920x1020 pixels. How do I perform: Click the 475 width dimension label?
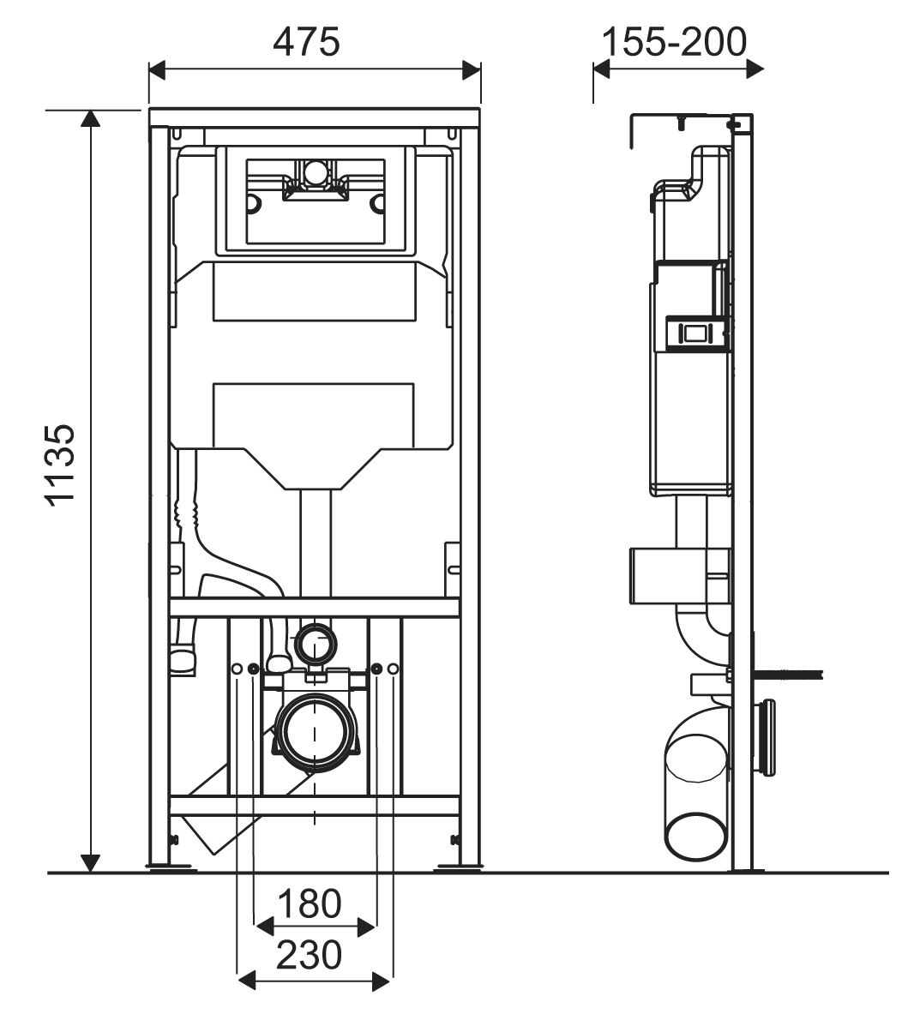[x=306, y=41]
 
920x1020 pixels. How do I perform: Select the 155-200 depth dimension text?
[x=674, y=40]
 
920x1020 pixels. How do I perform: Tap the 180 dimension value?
[x=309, y=903]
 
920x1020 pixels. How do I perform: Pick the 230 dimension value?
[x=309, y=954]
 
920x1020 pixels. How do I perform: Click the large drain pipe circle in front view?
[x=315, y=731]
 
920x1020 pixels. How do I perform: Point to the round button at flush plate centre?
[x=316, y=174]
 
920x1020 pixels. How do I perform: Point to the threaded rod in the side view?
[x=789, y=673]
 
